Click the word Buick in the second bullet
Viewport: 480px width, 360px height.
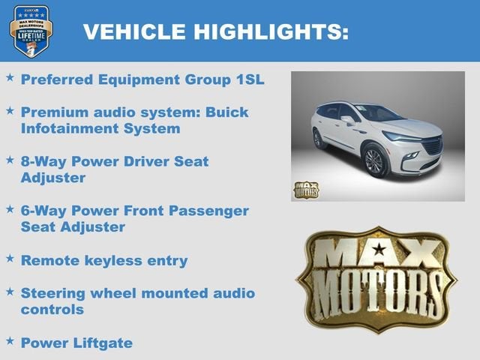pos(226,112)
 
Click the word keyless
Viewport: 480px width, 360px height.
pos(112,260)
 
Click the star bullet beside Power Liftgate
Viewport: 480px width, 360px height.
pos(10,340)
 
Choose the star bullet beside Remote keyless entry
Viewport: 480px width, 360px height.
pos(10,258)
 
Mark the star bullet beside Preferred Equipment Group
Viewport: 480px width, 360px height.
pos(10,76)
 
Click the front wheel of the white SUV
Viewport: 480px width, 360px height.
pos(373,161)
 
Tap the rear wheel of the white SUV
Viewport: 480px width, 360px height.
pos(318,139)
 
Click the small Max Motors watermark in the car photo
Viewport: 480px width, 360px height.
pos(305,189)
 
